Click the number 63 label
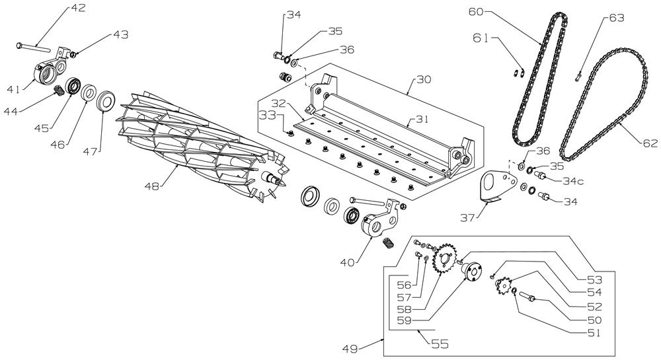(x=615, y=18)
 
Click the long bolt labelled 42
(x=33, y=46)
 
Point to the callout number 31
(x=416, y=120)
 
